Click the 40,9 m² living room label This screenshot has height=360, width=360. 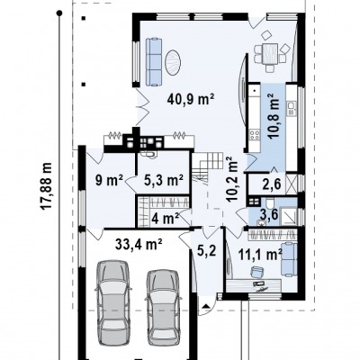coord(191,99)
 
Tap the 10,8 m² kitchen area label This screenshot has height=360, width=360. coord(274,115)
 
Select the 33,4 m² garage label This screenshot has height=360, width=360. coord(139,244)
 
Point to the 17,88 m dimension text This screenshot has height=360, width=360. coord(47,186)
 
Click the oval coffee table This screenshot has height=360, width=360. coord(173,63)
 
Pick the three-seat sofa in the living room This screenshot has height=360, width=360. coord(154,61)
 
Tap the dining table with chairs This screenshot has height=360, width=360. coord(272,52)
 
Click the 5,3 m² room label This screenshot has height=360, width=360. coord(164,180)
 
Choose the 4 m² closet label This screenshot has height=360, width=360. coord(165,218)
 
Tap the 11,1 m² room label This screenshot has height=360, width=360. coord(260,256)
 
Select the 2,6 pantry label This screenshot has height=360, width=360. coord(273,184)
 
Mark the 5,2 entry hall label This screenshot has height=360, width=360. coord(206,250)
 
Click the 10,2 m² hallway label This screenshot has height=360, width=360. coord(231,179)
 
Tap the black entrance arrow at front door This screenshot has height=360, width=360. coord(206,306)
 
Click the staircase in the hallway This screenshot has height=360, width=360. coord(208,167)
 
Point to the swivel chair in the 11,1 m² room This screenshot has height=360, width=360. coord(256,272)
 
